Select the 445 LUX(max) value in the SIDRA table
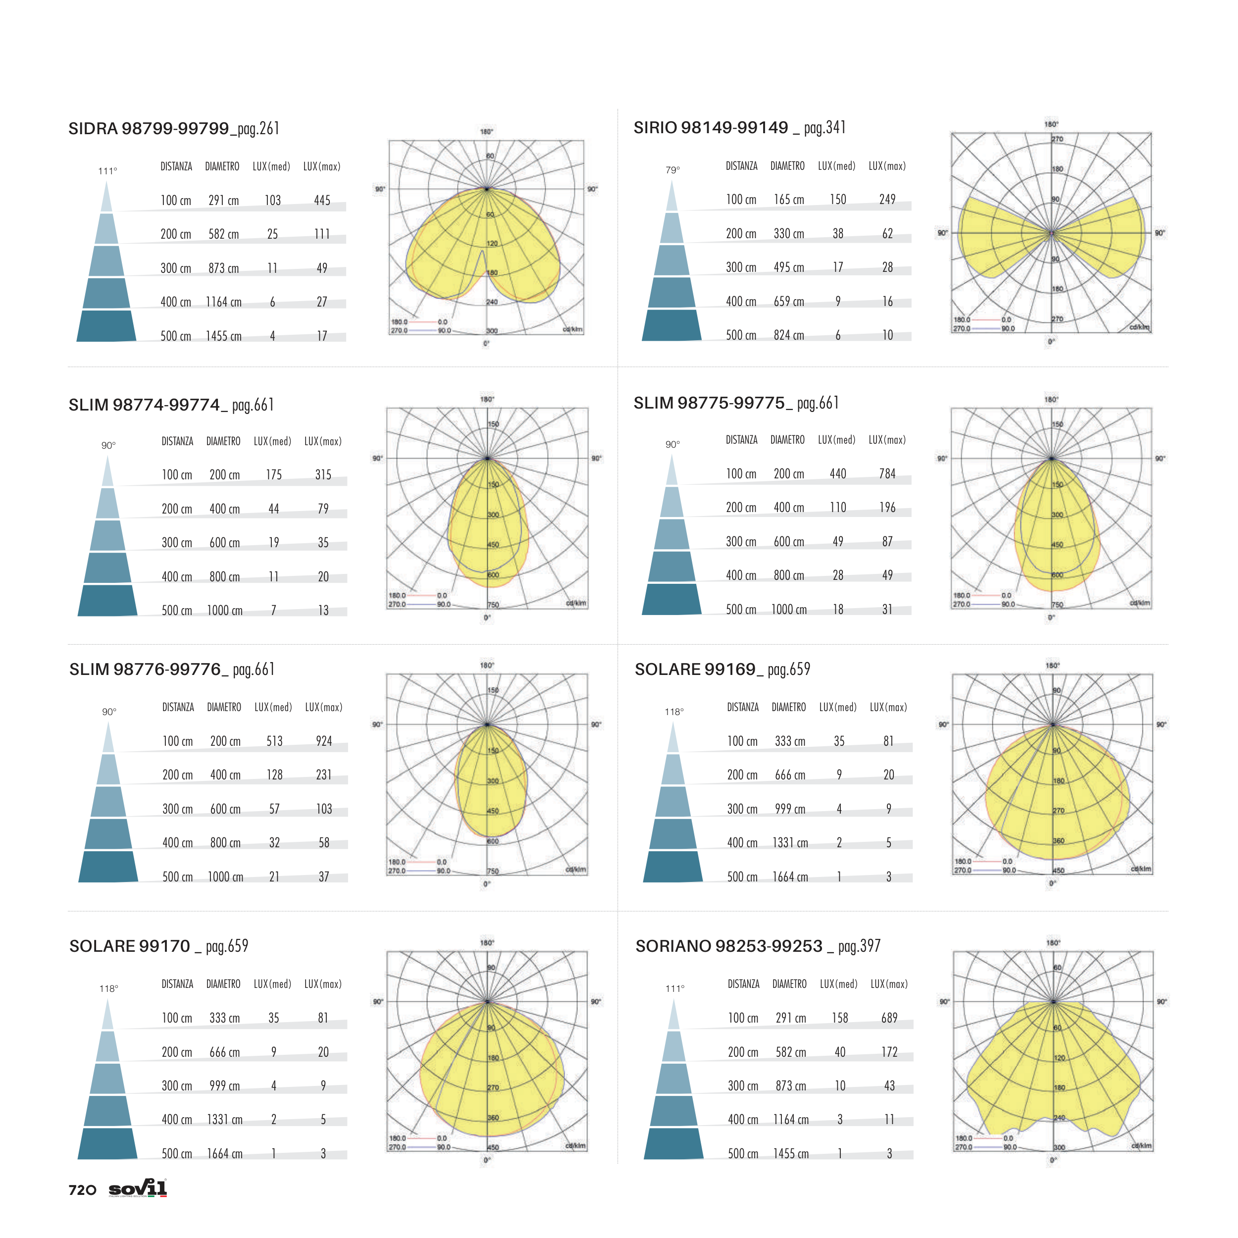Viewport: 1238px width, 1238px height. click(x=322, y=201)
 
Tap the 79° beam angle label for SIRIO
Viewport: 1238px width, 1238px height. click(x=672, y=170)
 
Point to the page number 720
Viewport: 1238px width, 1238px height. click(x=82, y=1190)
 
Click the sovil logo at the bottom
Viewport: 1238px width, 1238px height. click(x=138, y=1188)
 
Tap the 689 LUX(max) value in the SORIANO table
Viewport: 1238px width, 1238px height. click(x=889, y=1018)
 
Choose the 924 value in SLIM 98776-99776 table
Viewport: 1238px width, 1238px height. click(x=323, y=741)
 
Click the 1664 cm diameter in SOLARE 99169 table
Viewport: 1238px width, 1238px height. click(x=790, y=877)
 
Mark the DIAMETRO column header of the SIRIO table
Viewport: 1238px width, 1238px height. click(x=787, y=166)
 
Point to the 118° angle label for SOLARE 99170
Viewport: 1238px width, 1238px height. click(x=108, y=989)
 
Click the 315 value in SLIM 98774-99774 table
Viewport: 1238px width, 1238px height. click(x=323, y=475)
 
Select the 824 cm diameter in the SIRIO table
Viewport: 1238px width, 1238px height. click(x=788, y=336)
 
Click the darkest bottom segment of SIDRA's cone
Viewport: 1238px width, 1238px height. click(x=106, y=326)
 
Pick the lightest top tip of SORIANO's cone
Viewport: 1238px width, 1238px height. click(x=673, y=1016)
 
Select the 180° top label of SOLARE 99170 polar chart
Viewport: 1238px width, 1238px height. click(x=487, y=942)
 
